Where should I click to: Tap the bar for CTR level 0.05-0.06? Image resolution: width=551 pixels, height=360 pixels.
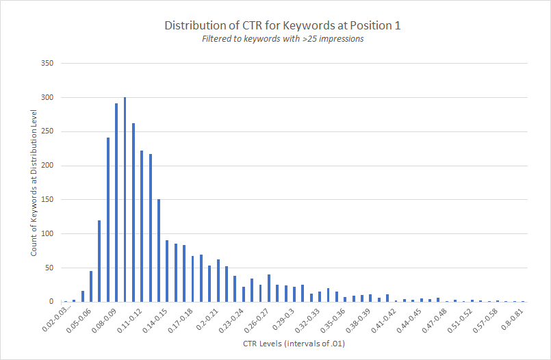(x=91, y=287)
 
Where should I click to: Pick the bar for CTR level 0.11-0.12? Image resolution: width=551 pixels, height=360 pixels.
(x=142, y=227)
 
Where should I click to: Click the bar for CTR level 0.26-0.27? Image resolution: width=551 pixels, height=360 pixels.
(x=269, y=288)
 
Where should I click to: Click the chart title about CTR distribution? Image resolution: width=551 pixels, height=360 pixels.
(x=282, y=25)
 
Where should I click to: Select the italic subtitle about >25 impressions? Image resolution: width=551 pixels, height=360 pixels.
(x=282, y=39)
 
